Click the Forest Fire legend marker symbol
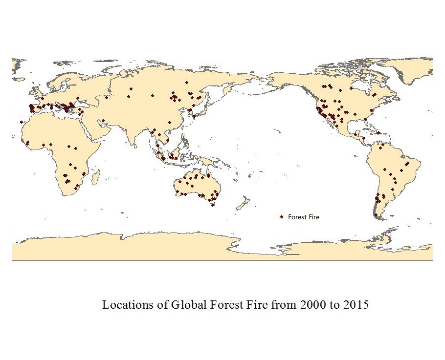click(282, 217)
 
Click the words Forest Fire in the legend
click(303, 217)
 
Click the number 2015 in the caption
click(356, 305)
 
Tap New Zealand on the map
click(243, 202)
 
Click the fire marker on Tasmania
click(213, 205)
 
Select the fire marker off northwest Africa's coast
click(21, 122)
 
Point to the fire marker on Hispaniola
click(378, 133)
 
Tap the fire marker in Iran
click(103, 120)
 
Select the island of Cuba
click(365, 130)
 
